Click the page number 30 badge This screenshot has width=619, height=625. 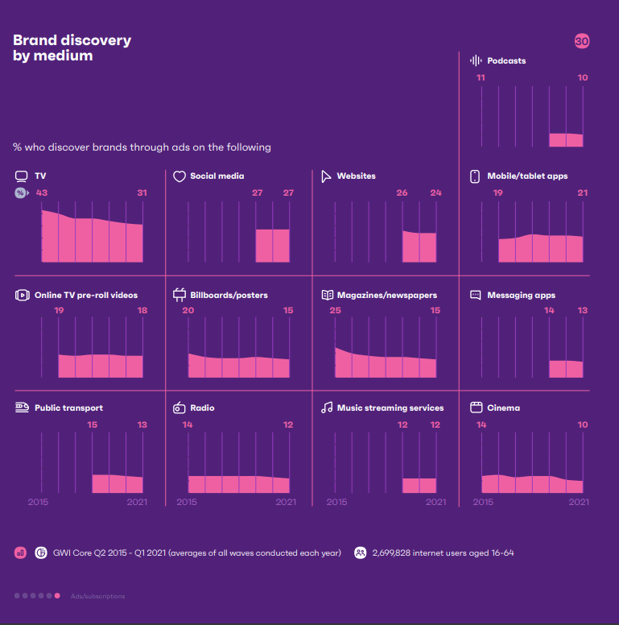582,41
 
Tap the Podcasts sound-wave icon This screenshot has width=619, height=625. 476,60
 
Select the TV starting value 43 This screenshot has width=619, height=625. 42,193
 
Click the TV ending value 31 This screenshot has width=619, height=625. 142,193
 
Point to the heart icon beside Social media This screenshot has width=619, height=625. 180,176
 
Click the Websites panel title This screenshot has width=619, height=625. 356,176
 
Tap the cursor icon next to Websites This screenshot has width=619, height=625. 327,176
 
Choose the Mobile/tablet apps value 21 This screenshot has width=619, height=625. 583,193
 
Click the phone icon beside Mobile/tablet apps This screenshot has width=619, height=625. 475,176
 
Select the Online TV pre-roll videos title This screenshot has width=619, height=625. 86,296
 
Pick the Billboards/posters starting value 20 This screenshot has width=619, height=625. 188,311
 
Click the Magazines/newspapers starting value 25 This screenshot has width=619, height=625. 335,311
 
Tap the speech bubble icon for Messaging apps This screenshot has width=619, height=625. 475,296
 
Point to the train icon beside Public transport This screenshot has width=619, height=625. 22,408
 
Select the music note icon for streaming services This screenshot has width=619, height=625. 327,408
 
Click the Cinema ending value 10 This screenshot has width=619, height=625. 583,424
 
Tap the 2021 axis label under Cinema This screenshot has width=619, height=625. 579,502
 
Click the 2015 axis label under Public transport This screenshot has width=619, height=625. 39,502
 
